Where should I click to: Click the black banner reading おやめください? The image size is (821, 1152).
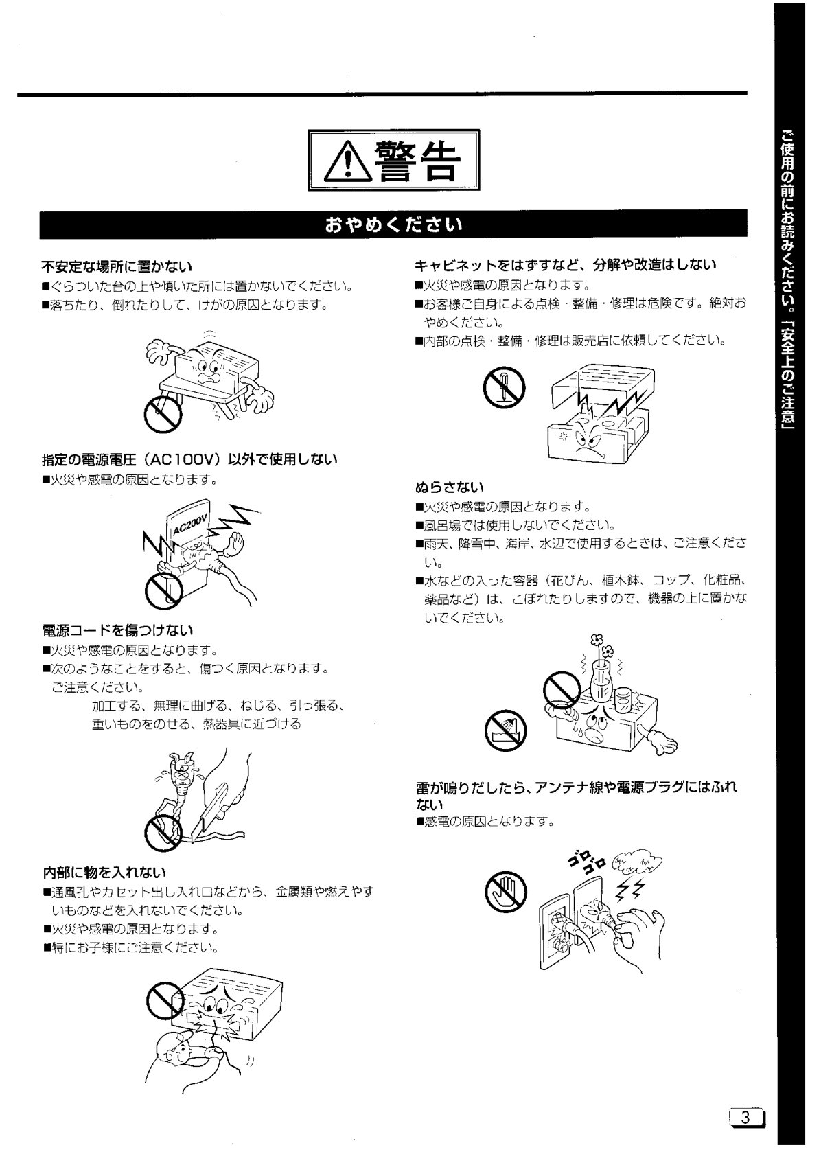tap(393, 224)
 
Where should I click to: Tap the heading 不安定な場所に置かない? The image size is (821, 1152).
tap(117, 266)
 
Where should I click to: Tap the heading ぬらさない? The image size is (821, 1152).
tap(450, 487)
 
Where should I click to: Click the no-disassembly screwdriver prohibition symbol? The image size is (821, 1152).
tap(504, 387)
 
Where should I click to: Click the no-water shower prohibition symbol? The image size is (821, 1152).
tap(506, 730)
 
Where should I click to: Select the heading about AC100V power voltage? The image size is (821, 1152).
tap(189, 459)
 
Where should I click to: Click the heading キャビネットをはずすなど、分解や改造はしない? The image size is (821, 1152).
tap(566, 265)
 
